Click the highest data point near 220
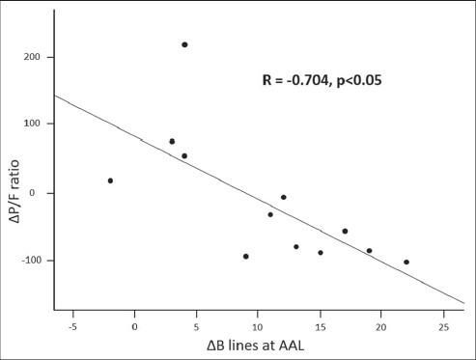184,44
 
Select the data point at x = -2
110,180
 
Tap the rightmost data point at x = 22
406,262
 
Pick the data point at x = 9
246,256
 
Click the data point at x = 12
284,197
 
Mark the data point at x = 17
345,231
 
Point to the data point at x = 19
369,251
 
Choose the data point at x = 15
321,253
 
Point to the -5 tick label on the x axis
71,325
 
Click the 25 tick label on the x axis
442,325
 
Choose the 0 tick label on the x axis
135,325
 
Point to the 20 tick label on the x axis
381,325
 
